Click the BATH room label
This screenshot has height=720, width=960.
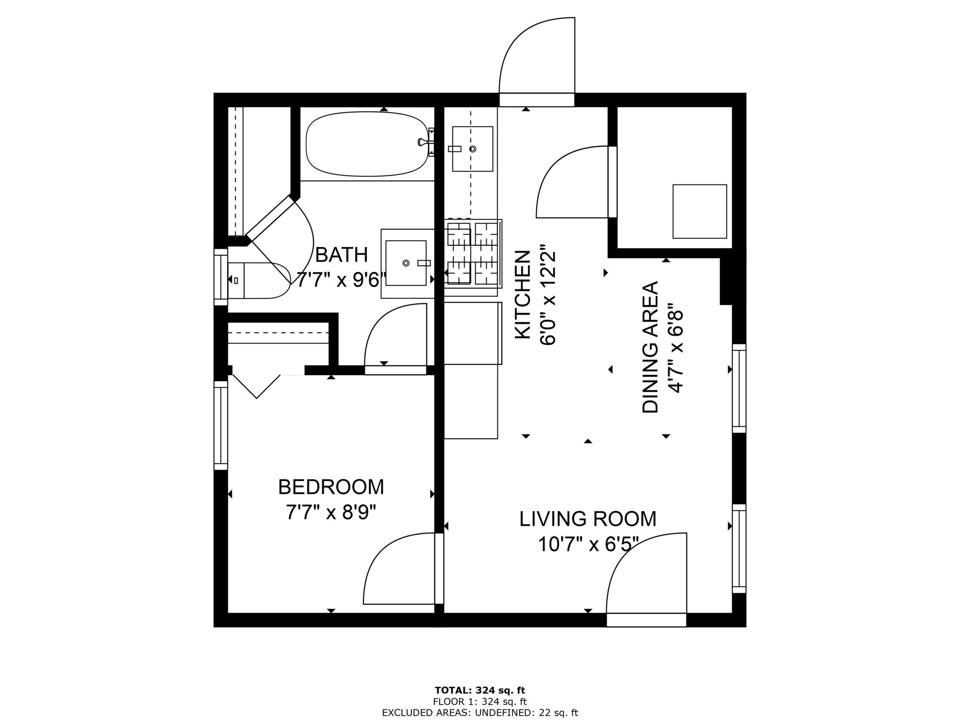(x=342, y=255)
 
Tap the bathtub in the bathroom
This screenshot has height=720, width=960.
(x=367, y=144)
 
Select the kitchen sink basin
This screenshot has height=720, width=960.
(x=472, y=149)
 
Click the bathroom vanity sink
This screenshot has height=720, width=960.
(x=406, y=263)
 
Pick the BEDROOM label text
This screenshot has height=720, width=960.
(x=331, y=487)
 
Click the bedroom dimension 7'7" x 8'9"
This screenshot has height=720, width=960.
(x=331, y=513)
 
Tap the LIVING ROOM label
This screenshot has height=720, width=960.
(x=588, y=519)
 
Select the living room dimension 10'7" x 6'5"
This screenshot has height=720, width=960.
(x=588, y=545)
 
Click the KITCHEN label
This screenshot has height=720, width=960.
(x=523, y=295)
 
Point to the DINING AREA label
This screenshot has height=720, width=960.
(x=650, y=347)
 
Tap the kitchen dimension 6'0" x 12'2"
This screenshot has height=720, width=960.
(x=549, y=295)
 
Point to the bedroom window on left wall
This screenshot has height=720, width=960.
(x=220, y=425)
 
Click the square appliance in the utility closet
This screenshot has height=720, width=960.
(x=700, y=211)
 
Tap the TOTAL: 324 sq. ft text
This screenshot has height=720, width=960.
(x=480, y=691)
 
